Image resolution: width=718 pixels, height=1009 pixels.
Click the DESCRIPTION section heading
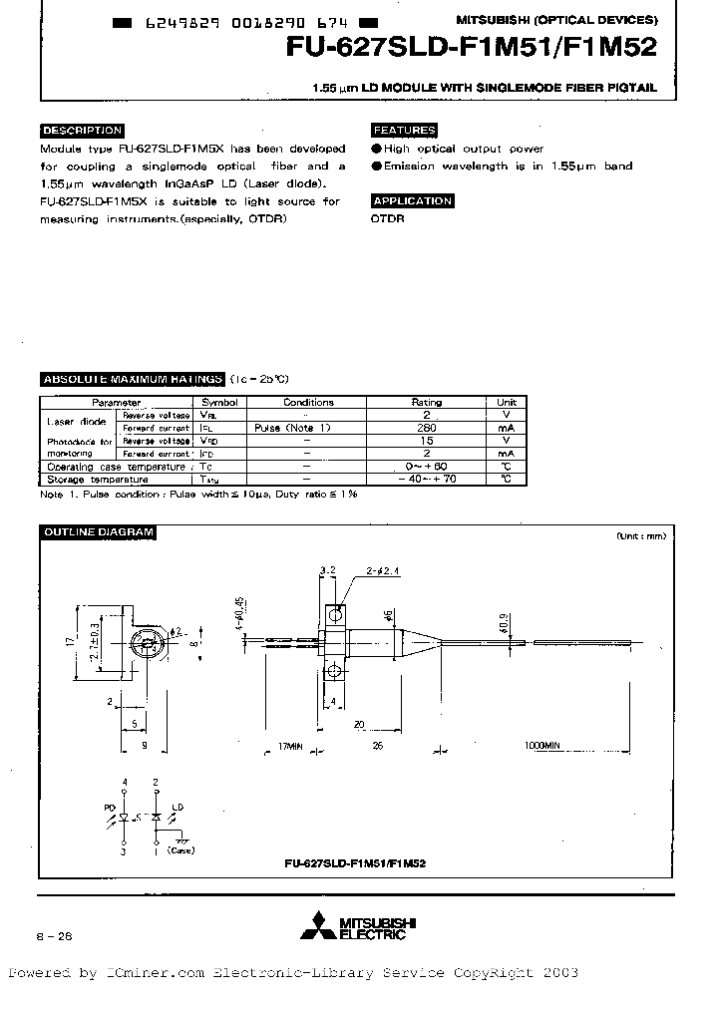click(82, 131)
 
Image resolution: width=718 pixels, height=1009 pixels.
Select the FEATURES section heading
click(404, 131)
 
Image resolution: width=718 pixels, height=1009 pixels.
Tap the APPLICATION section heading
click(412, 201)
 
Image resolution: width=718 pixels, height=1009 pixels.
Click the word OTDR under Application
click(388, 218)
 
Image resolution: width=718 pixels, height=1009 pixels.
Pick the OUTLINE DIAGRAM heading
click(98, 532)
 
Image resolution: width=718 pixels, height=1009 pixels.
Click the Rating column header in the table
click(427, 403)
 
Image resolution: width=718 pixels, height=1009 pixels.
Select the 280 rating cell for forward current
click(427, 427)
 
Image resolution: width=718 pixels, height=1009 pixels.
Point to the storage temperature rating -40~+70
click(427, 480)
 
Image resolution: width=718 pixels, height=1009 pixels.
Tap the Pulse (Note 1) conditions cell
click(307, 427)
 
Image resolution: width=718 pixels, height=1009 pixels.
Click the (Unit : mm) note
click(641, 536)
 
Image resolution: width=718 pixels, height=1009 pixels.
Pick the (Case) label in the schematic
click(179, 851)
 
